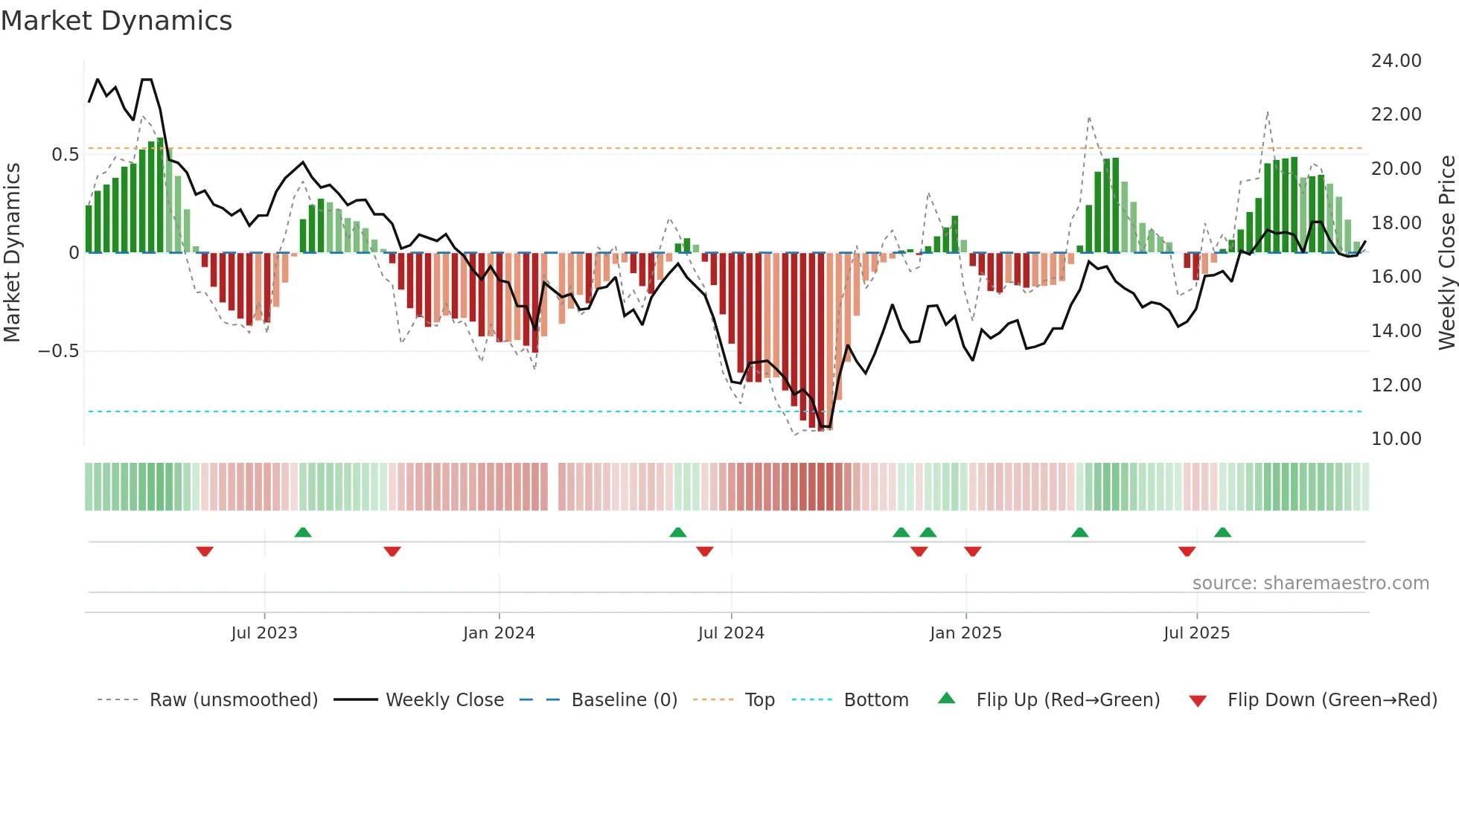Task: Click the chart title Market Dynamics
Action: coord(116,21)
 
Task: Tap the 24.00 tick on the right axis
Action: coord(1396,61)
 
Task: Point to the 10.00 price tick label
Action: coord(1396,439)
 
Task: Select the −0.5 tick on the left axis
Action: coord(59,351)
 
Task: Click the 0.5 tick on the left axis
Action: coord(65,155)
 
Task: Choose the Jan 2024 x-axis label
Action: coord(499,633)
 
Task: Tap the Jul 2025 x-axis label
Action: coord(1196,633)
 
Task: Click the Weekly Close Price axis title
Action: coord(1446,253)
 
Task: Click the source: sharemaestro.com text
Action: coord(1310,583)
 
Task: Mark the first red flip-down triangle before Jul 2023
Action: coord(205,551)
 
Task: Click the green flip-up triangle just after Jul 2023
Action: coord(303,532)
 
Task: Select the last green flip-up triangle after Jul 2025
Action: coord(1222,532)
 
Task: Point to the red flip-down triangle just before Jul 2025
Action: coord(1187,551)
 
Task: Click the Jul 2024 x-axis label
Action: coord(731,633)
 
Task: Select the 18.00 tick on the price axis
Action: coord(1396,223)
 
